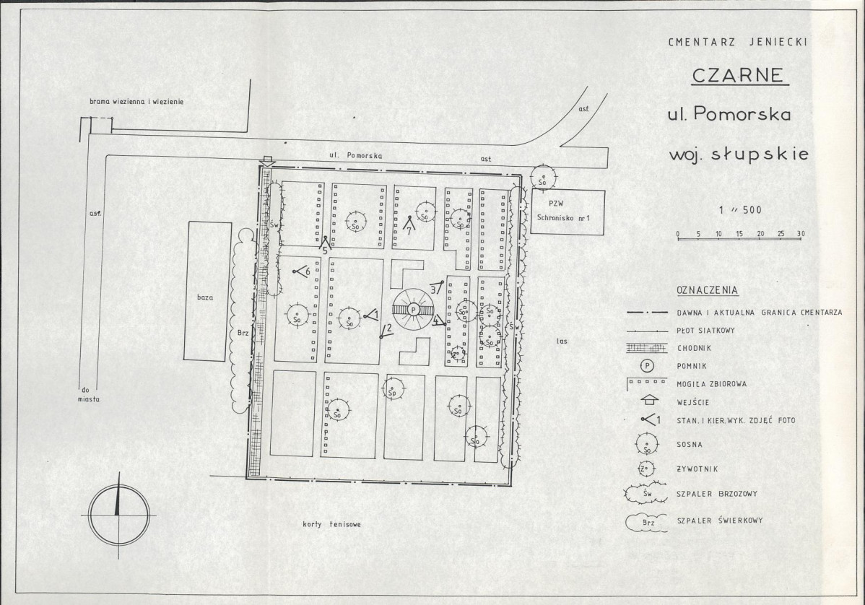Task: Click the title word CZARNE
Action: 739,75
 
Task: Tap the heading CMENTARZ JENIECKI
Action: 738,42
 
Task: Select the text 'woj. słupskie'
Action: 739,153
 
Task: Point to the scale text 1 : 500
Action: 740,209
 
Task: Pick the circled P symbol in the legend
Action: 647,365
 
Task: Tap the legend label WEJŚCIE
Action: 693,402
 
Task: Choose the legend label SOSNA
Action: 690,445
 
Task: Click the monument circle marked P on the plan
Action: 413,310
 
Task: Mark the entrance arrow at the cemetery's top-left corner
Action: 267,160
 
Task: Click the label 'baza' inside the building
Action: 205,297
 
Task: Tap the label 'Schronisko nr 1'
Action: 564,218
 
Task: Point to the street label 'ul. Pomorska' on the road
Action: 356,156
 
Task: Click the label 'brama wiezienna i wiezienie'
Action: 136,102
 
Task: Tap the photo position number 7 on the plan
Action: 409,232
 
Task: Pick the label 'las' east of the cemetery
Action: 562,341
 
